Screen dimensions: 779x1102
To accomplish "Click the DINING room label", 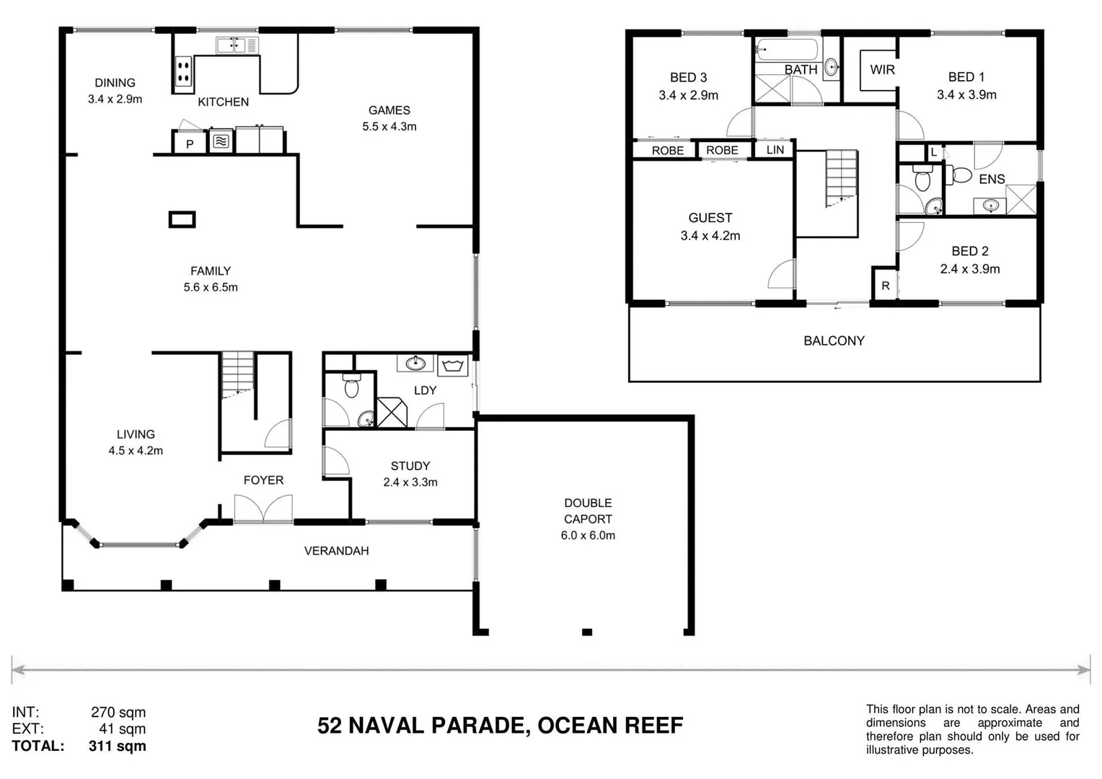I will pos(115,82).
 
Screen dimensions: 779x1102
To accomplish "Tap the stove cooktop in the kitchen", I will pos(183,71).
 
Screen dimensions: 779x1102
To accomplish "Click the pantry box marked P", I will pos(190,143).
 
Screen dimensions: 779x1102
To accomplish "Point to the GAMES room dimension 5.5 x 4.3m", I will pos(389,126).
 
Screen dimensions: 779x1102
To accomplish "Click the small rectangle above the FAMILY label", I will pos(182,219).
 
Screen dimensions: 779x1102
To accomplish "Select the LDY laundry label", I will pos(425,390).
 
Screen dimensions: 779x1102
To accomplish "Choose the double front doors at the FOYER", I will pos(263,509).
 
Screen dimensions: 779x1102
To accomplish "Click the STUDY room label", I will pos(410,466).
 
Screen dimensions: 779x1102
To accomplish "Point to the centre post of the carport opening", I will pos(587,632).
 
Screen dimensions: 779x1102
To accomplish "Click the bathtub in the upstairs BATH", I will pos(786,50).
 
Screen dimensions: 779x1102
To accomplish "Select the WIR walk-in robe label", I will pos(882,70).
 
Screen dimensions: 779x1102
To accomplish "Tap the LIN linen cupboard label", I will pos(775,150).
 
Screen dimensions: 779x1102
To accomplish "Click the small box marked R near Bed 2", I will pos(885,286).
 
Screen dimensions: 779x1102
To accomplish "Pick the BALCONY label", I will pos(834,340).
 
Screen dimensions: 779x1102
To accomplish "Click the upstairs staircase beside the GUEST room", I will pos(842,178).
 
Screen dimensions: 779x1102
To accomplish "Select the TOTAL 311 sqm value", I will pos(117,746).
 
